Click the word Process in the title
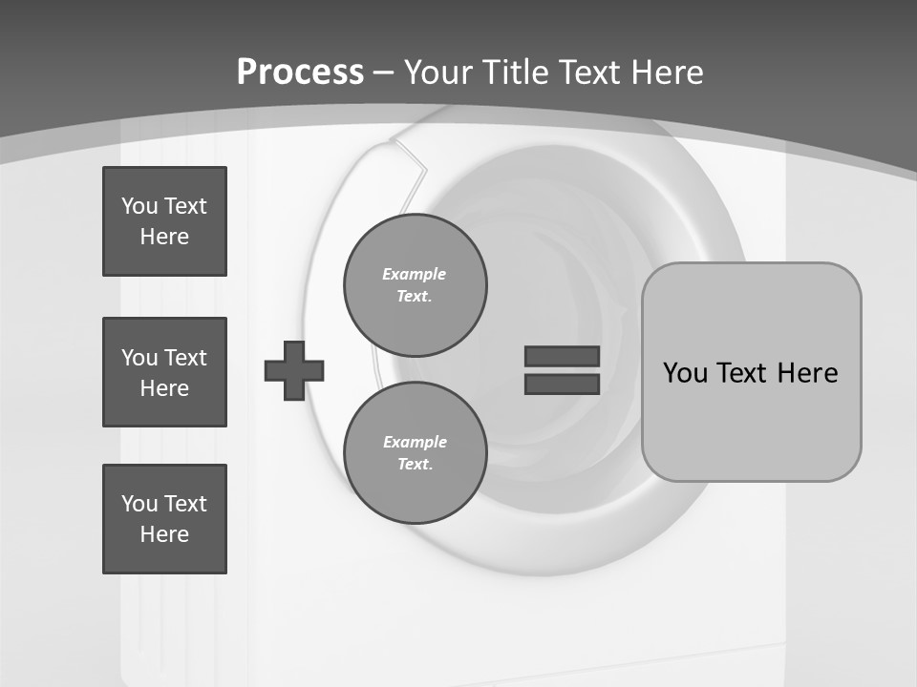tap(300, 72)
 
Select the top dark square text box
tap(164, 221)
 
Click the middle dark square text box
tap(164, 372)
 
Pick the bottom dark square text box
tap(164, 519)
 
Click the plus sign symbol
tap(294, 370)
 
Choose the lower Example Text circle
tap(416, 452)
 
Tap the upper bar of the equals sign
tap(562, 356)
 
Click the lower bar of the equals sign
tap(562, 384)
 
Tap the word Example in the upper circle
tap(414, 274)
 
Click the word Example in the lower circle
tap(415, 442)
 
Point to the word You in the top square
tap(138, 206)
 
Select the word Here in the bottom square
tap(164, 534)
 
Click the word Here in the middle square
tap(164, 388)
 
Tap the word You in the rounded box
tap(686, 372)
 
